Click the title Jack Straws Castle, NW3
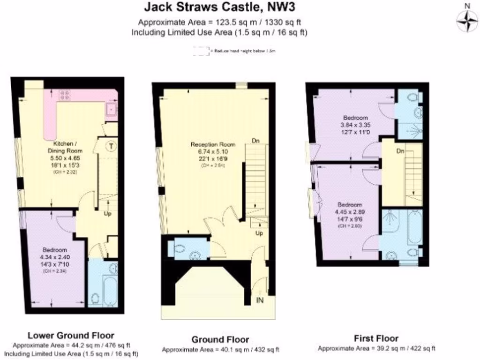pos(219,7)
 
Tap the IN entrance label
pos(260,300)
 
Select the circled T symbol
pos(111,146)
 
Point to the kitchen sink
pos(111,110)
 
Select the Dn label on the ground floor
pos(256,140)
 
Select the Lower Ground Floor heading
pos(71,335)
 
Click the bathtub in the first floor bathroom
pos(414,228)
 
